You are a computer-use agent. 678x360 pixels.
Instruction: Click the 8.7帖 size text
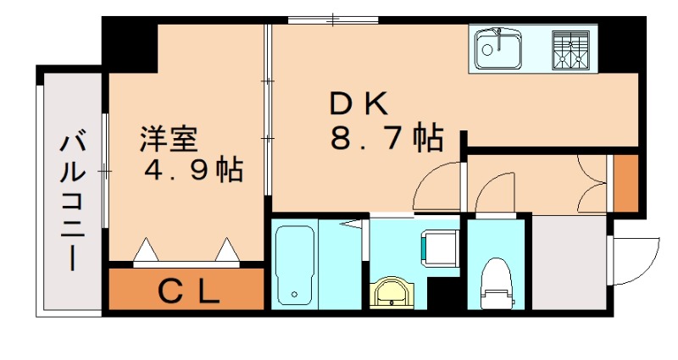point(386,137)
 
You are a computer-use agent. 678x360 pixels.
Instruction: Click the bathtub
point(295,265)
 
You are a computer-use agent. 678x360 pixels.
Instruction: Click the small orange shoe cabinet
point(625,183)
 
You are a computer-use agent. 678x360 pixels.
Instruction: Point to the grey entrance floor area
point(569,262)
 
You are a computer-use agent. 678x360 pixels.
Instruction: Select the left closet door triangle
point(147,251)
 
